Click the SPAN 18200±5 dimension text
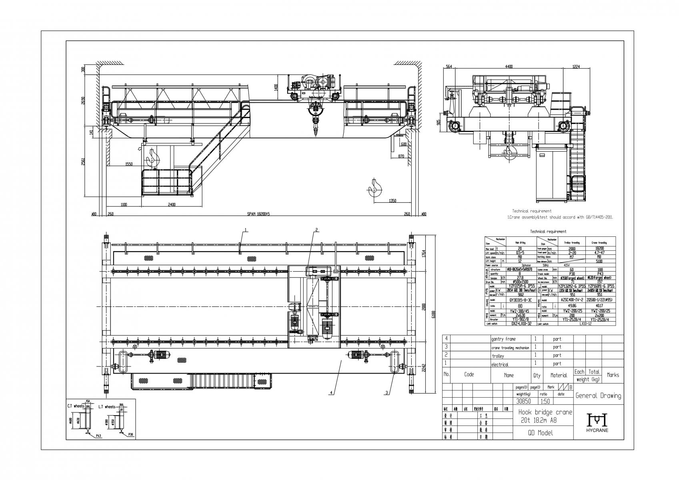pos(259,214)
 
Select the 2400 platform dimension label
pos(171,205)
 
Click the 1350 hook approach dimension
pos(393,201)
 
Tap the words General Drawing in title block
pos(598,396)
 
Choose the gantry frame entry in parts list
pos(503,339)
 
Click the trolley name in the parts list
pos(498,356)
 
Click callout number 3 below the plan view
pos(387,393)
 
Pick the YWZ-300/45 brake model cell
pos(520,310)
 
